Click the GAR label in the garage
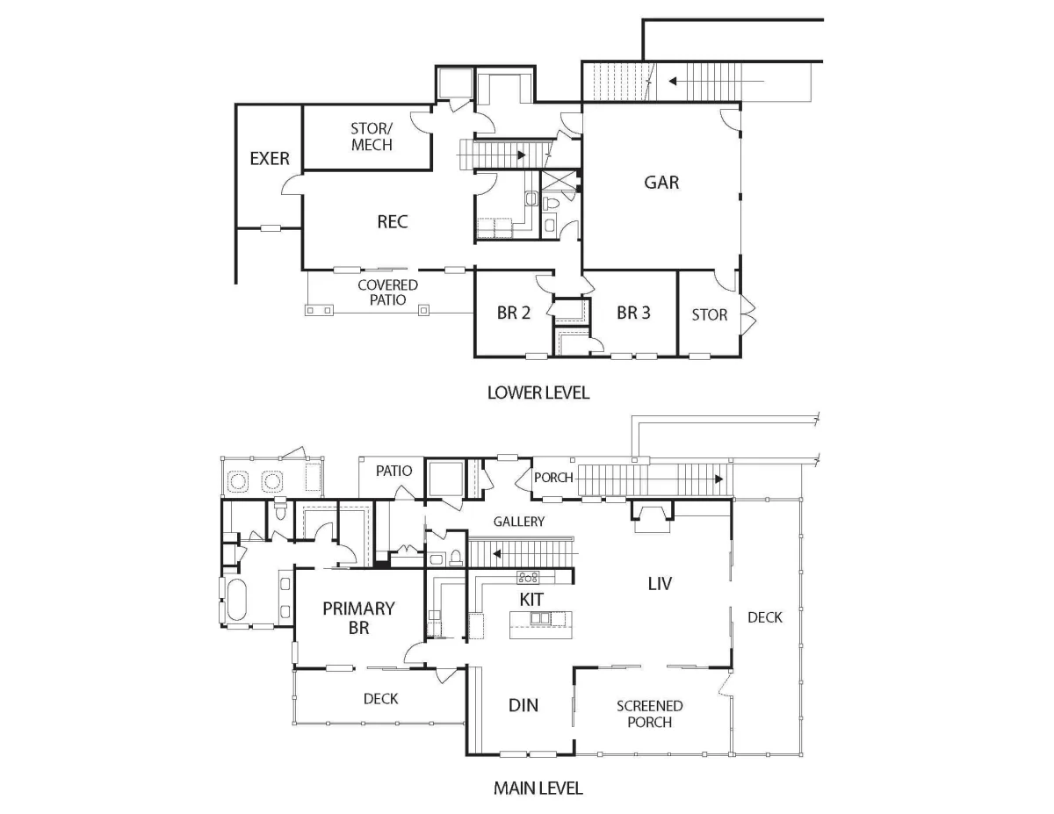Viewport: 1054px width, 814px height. point(661,183)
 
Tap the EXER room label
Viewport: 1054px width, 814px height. point(269,159)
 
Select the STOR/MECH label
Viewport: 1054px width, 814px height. point(372,137)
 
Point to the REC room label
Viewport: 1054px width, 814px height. point(393,221)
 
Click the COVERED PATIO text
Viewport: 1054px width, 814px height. point(387,292)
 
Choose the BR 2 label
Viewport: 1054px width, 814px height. point(513,313)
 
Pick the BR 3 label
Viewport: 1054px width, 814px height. point(633,313)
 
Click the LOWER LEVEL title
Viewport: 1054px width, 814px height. point(538,393)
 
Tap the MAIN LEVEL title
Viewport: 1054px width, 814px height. point(538,789)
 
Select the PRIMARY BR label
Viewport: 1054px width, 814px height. point(358,617)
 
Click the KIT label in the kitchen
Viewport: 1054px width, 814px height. point(531,599)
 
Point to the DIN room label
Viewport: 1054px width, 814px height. point(523,705)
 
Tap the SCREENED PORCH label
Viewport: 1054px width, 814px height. point(649,714)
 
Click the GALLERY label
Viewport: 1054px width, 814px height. point(518,522)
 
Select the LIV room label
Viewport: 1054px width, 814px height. point(660,584)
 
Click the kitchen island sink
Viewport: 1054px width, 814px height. point(540,618)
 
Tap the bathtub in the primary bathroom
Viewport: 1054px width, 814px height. point(236,599)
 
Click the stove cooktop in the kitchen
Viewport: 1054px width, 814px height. point(528,577)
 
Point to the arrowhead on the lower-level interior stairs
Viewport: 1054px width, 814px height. point(522,155)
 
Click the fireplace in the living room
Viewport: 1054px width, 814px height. point(652,517)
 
